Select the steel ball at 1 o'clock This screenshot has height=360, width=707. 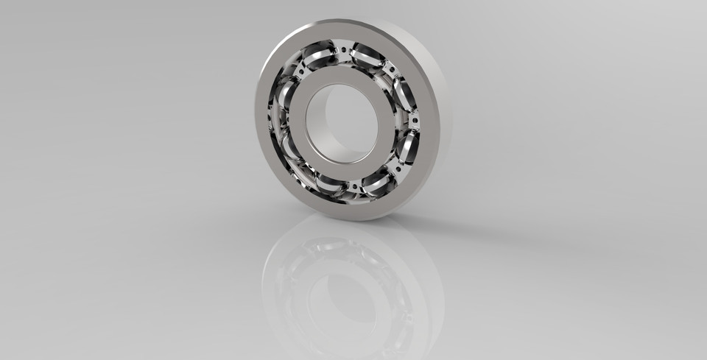coord(367,55)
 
